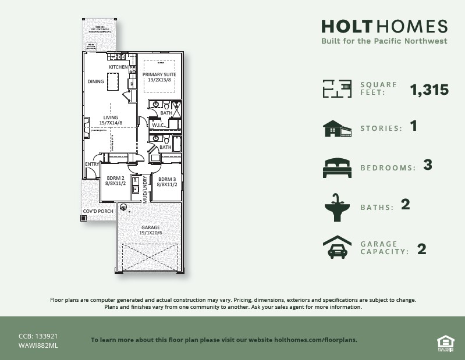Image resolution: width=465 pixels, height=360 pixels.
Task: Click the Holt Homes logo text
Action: (384, 27)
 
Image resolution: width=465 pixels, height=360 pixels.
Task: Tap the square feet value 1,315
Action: (429, 90)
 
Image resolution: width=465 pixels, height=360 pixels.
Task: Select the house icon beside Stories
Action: (337, 129)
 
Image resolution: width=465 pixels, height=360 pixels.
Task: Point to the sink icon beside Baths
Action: (337, 207)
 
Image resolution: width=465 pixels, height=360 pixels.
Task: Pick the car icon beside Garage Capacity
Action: (337, 247)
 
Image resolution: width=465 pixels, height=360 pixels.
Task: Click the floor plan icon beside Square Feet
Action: (337, 89)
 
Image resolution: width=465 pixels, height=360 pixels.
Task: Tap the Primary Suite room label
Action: (159, 77)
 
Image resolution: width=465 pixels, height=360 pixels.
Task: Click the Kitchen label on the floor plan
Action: (118, 67)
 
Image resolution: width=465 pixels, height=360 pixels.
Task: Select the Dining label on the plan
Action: (95, 81)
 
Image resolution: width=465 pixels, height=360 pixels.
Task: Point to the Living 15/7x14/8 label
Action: (110, 119)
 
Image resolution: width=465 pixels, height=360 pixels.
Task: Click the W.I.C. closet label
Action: (158, 125)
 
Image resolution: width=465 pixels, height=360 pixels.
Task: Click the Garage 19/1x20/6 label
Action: (150, 230)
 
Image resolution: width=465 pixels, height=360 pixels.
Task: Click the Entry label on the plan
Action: (92, 164)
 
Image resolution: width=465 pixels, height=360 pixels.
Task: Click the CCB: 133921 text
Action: (38, 336)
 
